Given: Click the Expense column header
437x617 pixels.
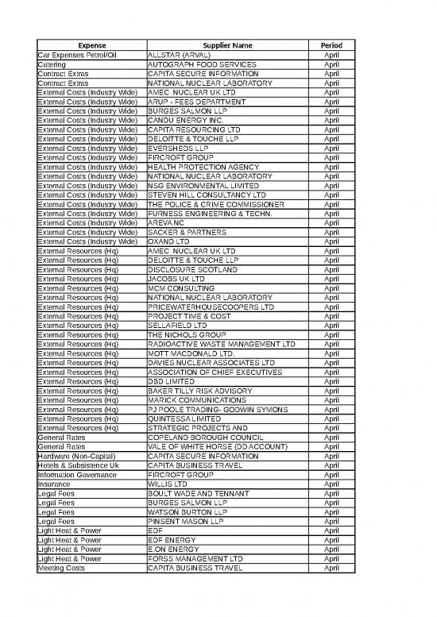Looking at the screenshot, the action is pyautogui.click(x=91, y=45).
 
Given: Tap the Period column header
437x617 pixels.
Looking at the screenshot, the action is pyautogui.click(x=331, y=45).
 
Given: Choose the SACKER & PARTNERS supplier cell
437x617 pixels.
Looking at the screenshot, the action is pyautogui.click(x=188, y=232).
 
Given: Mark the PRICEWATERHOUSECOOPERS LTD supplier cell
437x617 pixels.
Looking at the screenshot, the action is pyautogui.click(x=211, y=307).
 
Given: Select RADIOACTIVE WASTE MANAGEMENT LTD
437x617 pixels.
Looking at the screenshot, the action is pyautogui.click(x=222, y=344).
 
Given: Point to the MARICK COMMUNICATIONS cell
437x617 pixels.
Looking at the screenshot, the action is pyautogui.click(x=197, y=399).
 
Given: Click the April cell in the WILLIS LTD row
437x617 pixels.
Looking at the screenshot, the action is pyautogui.click(x=331, y=484).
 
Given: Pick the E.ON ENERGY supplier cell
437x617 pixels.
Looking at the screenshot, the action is pyautogui.click(x=180, y=549).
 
